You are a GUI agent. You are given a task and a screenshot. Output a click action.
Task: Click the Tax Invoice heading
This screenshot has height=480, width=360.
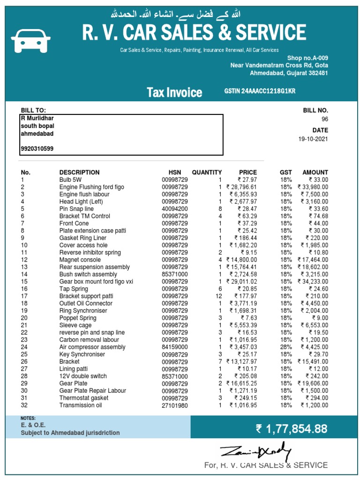click(174, 92)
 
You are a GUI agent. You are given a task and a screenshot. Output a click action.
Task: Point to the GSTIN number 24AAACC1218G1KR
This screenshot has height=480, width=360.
click(260, 91)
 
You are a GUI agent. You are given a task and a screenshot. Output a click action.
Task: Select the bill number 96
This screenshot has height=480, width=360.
click(325, 119)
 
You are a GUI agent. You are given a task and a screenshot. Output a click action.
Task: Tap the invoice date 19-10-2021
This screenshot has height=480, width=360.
click(313, 139)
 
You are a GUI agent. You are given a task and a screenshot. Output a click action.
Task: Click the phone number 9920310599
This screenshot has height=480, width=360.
click(37, 149)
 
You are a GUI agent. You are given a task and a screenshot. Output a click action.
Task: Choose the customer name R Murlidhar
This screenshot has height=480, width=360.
click(37, 119)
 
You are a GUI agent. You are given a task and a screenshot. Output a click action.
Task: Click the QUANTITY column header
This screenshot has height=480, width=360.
click(207, 172)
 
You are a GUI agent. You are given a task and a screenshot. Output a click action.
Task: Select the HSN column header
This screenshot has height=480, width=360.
click(174, 172)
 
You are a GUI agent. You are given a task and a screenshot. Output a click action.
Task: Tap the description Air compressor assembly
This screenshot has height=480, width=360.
click(92, 347)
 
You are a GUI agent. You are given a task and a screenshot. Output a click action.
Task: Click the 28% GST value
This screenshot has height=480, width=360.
click(286, 347)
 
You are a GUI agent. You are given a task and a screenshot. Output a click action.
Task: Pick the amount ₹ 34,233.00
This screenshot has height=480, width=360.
click(313, 281)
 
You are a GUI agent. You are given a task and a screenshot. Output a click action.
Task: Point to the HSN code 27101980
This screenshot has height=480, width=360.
click(175, 405)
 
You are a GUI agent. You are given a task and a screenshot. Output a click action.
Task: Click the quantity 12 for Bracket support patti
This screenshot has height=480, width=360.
click(218, 296)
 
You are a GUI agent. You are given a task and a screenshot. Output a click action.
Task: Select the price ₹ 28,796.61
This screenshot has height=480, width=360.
click(241, 187)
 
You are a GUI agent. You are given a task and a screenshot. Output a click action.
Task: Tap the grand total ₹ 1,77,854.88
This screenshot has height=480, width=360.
click(291, 428)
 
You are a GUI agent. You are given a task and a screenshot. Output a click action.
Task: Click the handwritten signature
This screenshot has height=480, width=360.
click(256, 452)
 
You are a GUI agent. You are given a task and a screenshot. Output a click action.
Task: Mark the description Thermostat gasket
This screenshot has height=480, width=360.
click(84, 398)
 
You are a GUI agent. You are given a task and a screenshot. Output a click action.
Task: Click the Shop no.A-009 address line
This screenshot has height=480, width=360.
click(307, 58)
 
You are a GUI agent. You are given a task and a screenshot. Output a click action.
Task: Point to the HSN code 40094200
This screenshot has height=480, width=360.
click(175, 209)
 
